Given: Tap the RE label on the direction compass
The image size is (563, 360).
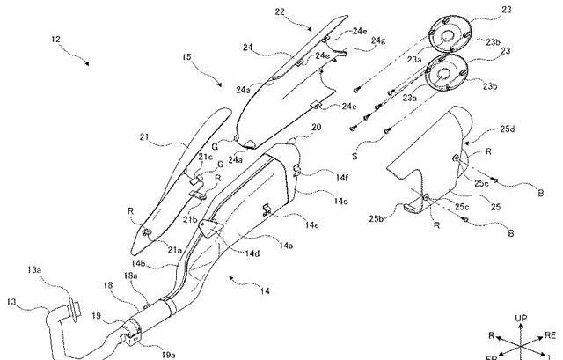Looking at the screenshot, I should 550,334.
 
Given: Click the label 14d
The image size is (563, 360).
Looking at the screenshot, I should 253,254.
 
